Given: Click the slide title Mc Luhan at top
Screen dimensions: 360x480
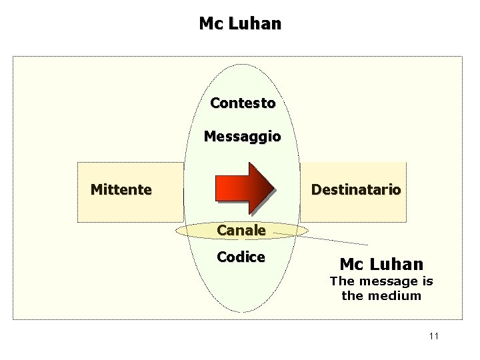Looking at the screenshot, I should click(240, 24).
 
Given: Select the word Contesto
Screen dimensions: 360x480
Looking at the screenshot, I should click(243, 103).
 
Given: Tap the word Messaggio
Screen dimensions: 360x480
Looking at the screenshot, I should click(242, 137).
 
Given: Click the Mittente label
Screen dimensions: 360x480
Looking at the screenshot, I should click(121, 189).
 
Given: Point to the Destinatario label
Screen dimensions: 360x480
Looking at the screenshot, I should click(356, 189).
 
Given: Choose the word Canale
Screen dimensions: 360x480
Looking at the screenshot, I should click(241, 231).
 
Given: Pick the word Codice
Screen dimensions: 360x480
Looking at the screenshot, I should click(241, 257).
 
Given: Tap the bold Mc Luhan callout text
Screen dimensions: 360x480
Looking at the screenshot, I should click(381, 263).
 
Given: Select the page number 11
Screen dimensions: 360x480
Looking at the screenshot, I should click(434, 336).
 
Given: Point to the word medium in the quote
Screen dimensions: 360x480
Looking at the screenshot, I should click(400, 295).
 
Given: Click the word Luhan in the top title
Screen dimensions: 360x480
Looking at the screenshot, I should click(255, 24).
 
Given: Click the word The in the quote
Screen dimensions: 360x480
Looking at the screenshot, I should click(342, 281).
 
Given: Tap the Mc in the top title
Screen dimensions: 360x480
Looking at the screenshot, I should click(211, 24).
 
